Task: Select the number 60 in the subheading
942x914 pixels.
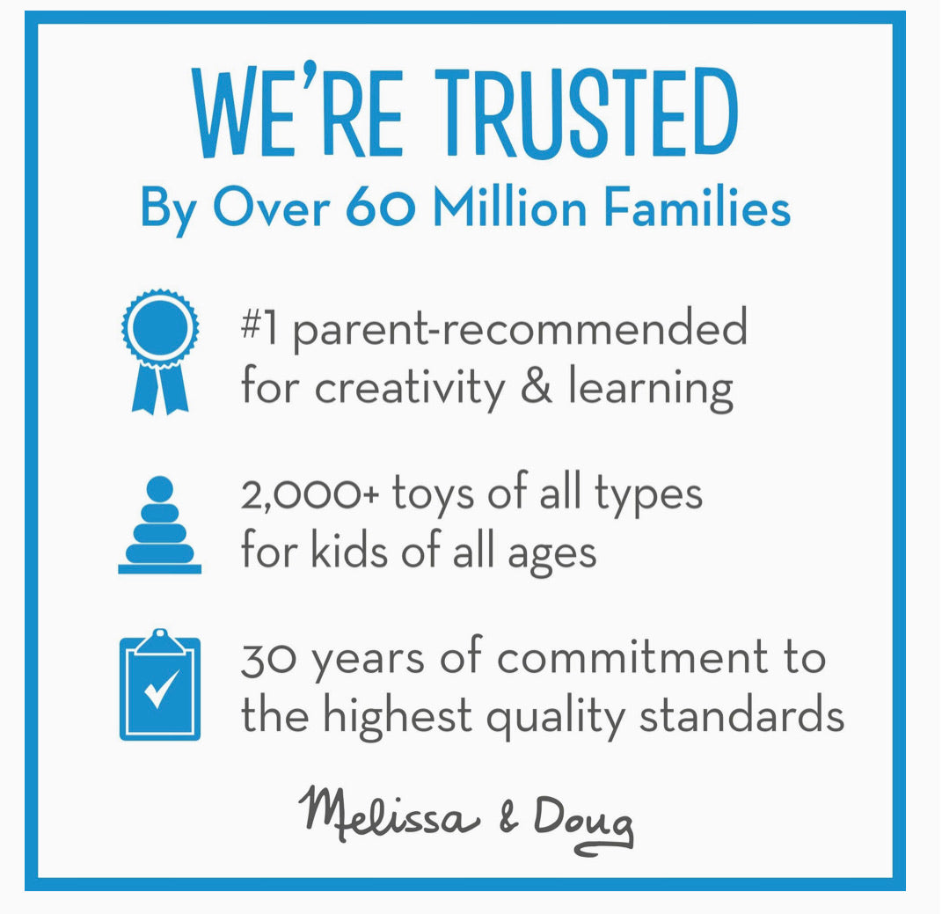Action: point(380,208)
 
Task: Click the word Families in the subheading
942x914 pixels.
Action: point(697,207)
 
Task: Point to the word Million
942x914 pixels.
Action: point(509,207)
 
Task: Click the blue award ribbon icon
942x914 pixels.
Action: point(160,352)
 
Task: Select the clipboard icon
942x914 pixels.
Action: point(160,684)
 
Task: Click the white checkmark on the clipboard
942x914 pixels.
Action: point(161,689)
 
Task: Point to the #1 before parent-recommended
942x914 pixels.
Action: point(259,327)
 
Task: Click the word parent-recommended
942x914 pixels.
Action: point(521,330)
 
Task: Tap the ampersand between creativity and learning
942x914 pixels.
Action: point(537,385)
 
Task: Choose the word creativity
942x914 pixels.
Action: point(410,389)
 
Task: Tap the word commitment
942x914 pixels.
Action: point(632,657)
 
